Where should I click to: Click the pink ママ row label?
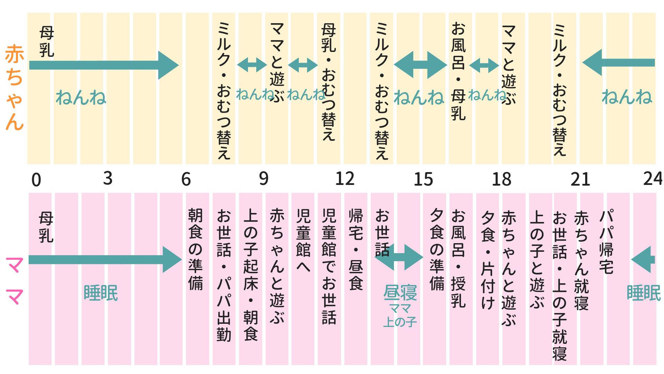(15, 280)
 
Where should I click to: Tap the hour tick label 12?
(344, 179)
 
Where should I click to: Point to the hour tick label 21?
(580, 179)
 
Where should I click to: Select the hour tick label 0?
(36, 180)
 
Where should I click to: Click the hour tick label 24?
(652, 179)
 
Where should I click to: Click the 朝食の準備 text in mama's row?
(195, 249)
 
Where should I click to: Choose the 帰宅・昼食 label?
(356, 249)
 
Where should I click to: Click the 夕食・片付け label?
(488, 260)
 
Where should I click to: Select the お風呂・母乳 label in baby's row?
(458, 71)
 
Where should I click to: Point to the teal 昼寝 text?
(400, 293)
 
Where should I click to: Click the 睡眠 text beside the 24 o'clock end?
(644, 293)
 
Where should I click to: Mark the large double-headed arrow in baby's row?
(420, 65)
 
